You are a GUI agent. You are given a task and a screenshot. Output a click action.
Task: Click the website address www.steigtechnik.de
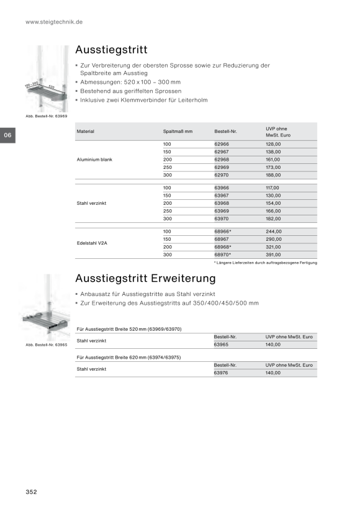click(54, 22)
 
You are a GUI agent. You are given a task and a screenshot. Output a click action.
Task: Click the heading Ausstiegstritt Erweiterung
click(145, 278)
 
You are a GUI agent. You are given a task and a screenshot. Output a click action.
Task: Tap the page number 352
click(31, 492)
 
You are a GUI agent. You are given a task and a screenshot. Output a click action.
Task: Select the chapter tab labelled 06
click(8, 135)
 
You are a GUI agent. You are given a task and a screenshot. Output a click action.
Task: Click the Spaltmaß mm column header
click(178, 132)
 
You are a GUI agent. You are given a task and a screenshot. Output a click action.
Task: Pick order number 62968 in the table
click(222, 160)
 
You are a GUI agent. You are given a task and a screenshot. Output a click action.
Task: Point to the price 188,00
click(273, 175)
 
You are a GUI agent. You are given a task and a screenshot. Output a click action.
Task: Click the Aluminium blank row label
click(94, 160)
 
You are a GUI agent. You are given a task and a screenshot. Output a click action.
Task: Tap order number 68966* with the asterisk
click(223, 232)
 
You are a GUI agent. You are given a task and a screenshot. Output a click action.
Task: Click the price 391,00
click(273, 254)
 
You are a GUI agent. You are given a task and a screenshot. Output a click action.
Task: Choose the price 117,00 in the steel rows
click(272, 187)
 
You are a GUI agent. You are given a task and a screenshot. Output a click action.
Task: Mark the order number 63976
click(221, 372)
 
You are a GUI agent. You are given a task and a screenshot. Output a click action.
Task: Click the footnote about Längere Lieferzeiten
click(266, 263)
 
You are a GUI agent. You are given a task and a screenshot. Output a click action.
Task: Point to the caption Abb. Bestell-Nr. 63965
click(47, 345)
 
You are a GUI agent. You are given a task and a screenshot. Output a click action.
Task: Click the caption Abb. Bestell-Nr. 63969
click(47, 116)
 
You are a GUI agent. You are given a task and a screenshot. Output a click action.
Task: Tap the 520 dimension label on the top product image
click(52, 87)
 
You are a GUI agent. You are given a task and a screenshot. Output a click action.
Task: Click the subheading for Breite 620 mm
click(128, 357)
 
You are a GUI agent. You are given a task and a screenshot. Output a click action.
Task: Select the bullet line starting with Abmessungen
click(130, 82)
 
